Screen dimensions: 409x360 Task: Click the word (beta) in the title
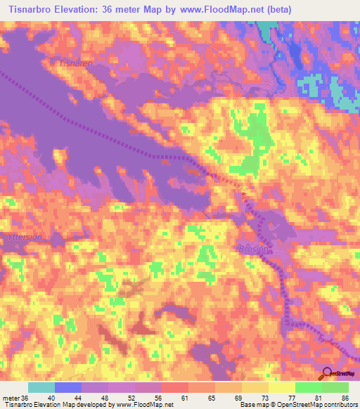coord(276,10)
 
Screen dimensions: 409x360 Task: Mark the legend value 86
coord(344,397)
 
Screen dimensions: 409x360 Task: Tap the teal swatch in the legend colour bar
coord(41,387)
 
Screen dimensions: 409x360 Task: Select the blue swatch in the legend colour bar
coord(68,387)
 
